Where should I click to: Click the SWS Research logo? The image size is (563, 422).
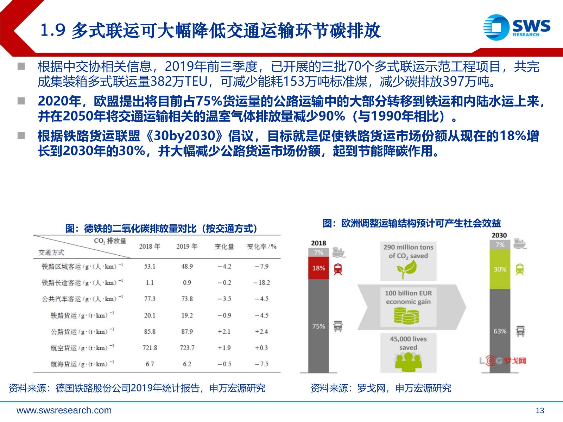[517, 27]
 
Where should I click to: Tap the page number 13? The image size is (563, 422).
[540, 410]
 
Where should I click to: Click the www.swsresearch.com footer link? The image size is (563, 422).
[64, 410]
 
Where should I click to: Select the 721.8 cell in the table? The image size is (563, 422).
[150, 348]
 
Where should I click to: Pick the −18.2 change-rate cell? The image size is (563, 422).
[262, 283]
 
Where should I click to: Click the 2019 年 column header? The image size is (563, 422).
[187, 247]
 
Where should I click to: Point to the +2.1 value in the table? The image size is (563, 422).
[224, 332]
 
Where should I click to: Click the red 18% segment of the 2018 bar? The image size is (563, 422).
[318, 268]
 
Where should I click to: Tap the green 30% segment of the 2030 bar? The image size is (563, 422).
[500, 269]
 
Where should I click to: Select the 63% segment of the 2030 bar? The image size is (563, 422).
[500, 331]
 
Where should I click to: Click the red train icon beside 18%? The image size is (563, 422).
[338, 269]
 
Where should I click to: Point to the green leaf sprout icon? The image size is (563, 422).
[407, 269]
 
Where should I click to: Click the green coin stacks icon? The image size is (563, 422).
[406, 316]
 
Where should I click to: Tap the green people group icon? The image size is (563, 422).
[408, 362]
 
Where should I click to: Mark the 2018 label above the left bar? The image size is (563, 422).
[318, 243]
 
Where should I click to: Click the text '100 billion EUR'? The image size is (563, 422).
[408, 293]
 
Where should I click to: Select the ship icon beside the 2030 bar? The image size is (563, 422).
[520, 244]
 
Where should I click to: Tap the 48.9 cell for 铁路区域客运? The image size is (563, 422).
[187, 267]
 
